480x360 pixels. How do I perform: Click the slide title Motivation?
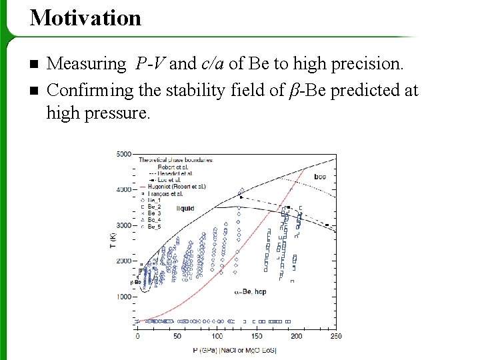pyautogui.click(x=85, y=18)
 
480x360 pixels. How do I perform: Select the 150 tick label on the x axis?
pyautogui.click(x=256, y=336)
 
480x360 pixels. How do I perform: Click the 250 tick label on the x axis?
pyautogui.click(x=335, y=336)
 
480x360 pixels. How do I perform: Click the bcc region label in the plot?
pyautogui.click(x=319, y=177)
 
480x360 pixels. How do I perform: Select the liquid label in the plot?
pyautogui.click(x=185, y=209)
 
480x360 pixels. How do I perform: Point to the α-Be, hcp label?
pyautogui.click(x=250, y=292)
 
